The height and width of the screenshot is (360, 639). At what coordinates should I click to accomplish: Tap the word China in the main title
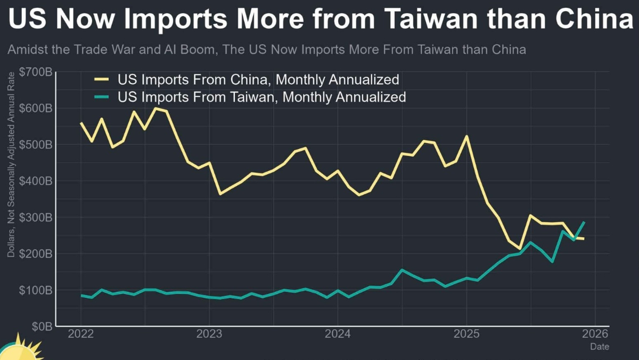click(x=588, y=21)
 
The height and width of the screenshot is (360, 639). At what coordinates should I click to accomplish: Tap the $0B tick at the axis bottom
click(x=42, y=326)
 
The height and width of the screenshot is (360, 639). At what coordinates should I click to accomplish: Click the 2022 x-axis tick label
click(x=81, y=335)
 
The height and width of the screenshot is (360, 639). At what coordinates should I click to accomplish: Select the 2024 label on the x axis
click(x=338, y=335)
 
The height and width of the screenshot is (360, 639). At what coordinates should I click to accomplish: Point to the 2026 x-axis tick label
click(x=595, y=335)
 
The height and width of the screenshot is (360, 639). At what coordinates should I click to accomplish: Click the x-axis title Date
click(x=599, y=347)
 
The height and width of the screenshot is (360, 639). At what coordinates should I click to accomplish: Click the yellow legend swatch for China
click(x=102, y=80)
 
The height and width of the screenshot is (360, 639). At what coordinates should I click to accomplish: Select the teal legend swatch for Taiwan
click(x=102, y=97)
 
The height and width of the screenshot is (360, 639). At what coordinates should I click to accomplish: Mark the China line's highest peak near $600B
click(x=155, y=108)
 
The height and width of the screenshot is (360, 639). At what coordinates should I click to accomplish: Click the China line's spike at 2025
click(x=466, y=136)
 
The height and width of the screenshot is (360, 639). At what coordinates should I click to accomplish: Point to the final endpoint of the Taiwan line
click(x=584, y=222)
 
